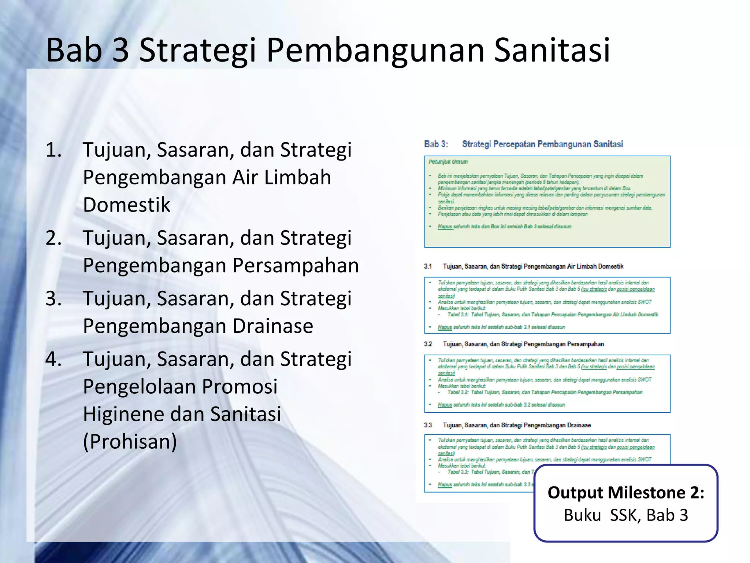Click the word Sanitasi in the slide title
(x=552, y=50)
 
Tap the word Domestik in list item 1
(x=127, y=205)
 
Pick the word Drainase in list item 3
(x=273, y=326)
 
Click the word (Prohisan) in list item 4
(x=130, y=441)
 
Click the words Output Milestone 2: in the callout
(x=626, y=493)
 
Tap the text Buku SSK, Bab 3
(x=626, y=515)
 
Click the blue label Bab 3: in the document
(x=436, y=144)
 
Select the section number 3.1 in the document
(x=428, y=266)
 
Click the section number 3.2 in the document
(x=428, y=344)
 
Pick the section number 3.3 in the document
(x=428, y=425)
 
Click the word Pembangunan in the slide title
(x=379, y=50)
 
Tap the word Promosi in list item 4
(x=240, y=386)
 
